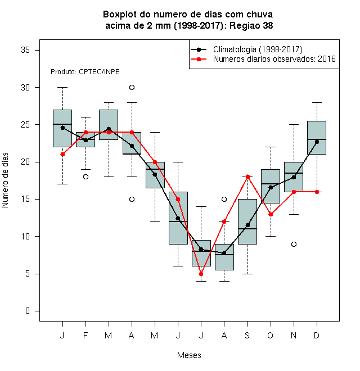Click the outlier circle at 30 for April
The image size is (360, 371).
[132, 88]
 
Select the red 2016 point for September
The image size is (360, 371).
[247, 177]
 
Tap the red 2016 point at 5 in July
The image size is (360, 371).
[201, 274]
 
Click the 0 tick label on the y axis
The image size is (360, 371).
[28, 311]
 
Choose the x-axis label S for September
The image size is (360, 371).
[247, 335]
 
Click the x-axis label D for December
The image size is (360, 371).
[317, 335]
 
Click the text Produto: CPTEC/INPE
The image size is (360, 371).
[85, 72]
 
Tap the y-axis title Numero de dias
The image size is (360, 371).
[5, 180]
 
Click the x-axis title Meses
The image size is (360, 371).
[189, 355]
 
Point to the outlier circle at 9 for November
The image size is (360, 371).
[294, 244]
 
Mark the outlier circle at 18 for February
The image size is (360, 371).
[85, 177]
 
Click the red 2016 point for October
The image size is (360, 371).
[271, 214]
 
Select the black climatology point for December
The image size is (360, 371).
[317, 142]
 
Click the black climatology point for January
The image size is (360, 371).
[62, 128]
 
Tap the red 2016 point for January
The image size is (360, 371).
[62, 154]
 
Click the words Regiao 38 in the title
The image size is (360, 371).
[251, 25]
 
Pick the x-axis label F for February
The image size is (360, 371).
[85, 335]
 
